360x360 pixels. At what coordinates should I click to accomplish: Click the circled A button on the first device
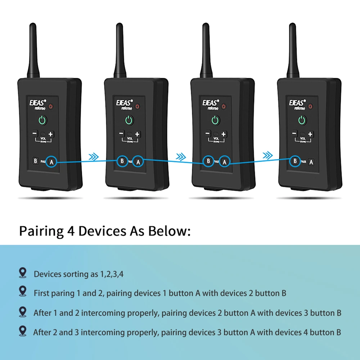click(51, 162)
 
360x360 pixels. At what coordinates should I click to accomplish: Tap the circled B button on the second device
click(122, 161)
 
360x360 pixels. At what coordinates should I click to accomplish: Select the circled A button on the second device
click(138, 162)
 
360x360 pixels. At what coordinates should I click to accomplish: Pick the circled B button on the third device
click(208, 161)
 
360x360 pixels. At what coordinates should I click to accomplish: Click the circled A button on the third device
click(225, 162)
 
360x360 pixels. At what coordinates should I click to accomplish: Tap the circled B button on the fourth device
click(295, 161)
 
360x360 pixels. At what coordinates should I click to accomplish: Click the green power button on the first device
click(42, 120)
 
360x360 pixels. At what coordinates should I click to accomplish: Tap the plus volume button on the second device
click(137, 134)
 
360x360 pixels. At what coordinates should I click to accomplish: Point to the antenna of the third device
click(206, 50)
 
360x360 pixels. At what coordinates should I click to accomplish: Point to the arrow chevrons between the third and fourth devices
click(267, 156)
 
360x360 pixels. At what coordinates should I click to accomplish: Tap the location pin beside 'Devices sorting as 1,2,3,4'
click(23, 273)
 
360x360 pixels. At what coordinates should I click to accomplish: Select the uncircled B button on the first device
click(35, 161)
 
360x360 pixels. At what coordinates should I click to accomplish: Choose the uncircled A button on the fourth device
click(311, 162)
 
